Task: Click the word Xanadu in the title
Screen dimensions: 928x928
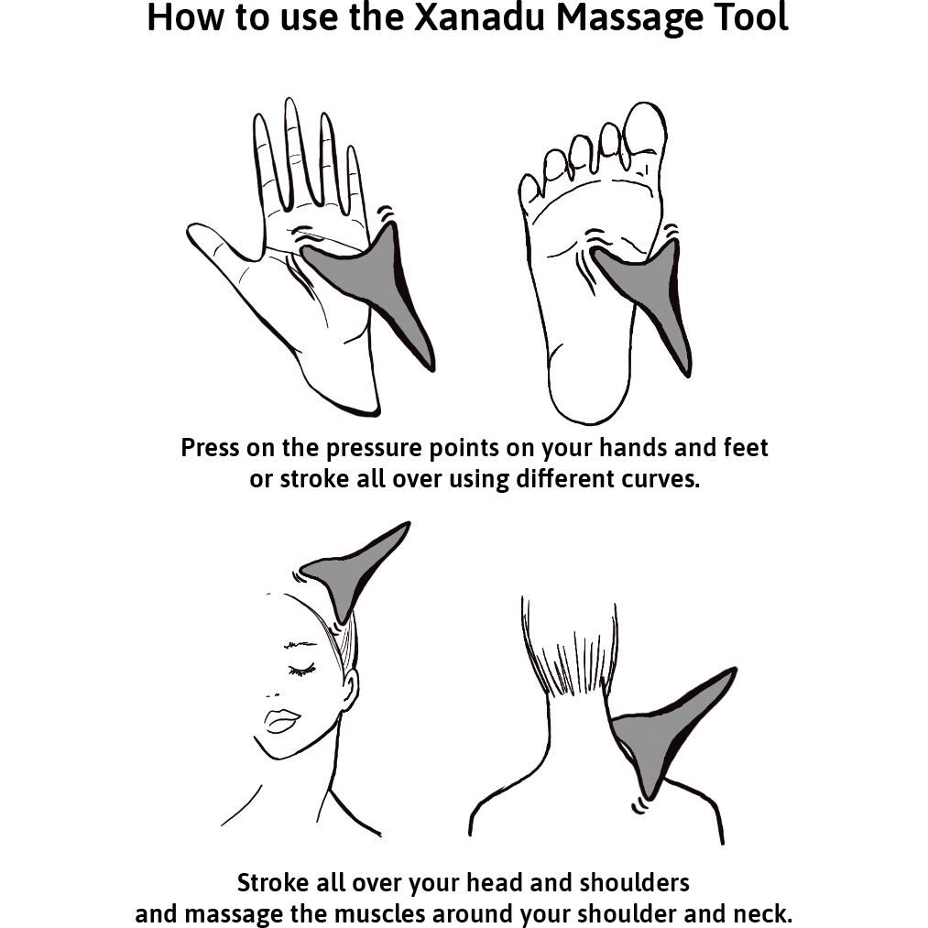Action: point(479,17)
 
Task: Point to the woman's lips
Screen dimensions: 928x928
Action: point(282,721)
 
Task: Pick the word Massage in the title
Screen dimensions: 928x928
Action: point(629,19)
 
